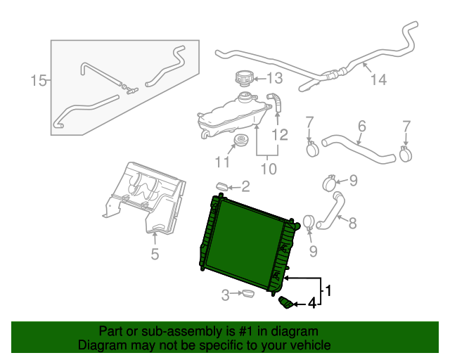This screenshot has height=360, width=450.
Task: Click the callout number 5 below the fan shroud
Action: pyautogui.click(x=154, y=254)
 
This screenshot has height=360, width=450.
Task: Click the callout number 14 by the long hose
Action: pyautogui.click(x=378, y=79)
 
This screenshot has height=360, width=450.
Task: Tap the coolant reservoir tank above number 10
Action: pyautogui.click(x=232, y=117)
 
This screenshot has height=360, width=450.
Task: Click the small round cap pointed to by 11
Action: pyautogui.click(x=241, y=141)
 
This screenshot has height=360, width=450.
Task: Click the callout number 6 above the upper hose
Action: pyautogui.click(x=361, y=127)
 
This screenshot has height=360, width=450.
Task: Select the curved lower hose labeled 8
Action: pyautogui.click(x=332, y=212)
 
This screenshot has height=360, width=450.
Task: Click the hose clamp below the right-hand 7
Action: pyautogui.click(x=405, y=151)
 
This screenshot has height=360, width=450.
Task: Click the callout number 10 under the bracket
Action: pyautogui.click(x=269, y=169)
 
